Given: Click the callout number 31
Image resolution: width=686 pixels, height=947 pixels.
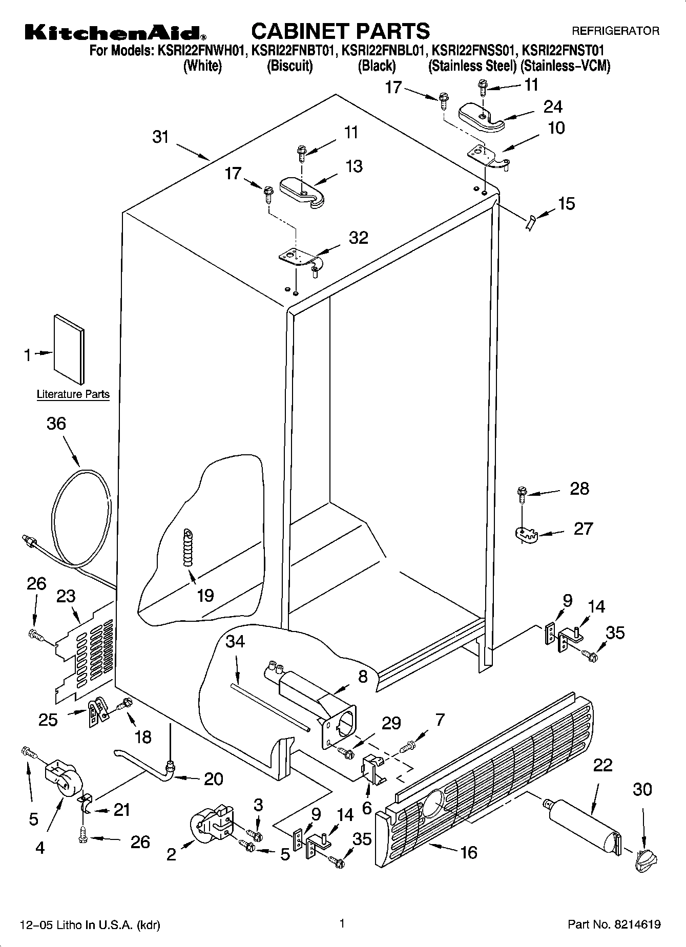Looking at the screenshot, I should tap(161, 137).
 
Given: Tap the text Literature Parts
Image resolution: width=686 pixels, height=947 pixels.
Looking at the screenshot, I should tap(73, 394).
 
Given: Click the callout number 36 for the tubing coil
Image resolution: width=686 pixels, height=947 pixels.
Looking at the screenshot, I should tap(56, 424).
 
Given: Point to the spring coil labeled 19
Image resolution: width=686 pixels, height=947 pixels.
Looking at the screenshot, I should tap(189, 548).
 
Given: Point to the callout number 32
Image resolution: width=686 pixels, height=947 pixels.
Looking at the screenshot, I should tap(358, 238).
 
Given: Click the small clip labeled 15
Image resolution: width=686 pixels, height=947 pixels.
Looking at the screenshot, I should tap(530, 222).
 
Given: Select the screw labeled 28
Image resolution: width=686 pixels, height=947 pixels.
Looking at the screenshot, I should tap(522, 494).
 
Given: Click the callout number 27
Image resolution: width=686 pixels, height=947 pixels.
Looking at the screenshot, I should tap(583, 529).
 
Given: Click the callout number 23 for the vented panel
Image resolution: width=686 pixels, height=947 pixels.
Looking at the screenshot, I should tap(66, 596).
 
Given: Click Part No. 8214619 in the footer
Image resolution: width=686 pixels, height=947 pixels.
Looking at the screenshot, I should tap(614, 924).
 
